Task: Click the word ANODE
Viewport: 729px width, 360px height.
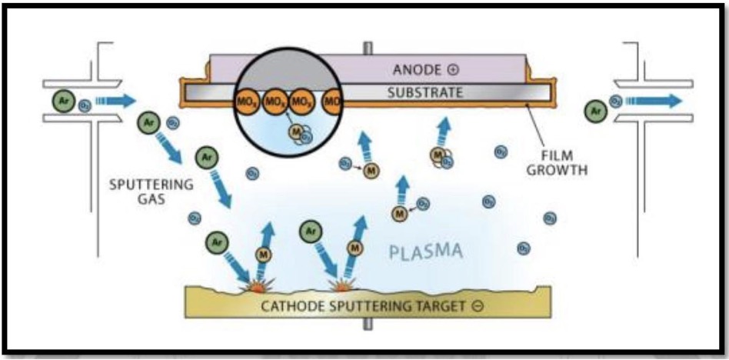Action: click(x=413, y=69)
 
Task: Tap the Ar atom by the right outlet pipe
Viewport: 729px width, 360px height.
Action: click(x=594, y=112)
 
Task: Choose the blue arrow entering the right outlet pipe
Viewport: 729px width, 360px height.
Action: click(x=653, y=100)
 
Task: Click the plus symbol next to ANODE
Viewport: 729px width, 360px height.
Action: click(x=453, y=69)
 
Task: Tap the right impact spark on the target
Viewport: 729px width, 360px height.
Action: click(x=340, y=285)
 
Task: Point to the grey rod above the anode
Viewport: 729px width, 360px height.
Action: click(x=368, y=47)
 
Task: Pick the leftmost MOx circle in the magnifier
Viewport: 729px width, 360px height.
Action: click(x=247, y=102)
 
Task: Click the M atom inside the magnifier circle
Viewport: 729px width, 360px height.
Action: click(x=295, y=132)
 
